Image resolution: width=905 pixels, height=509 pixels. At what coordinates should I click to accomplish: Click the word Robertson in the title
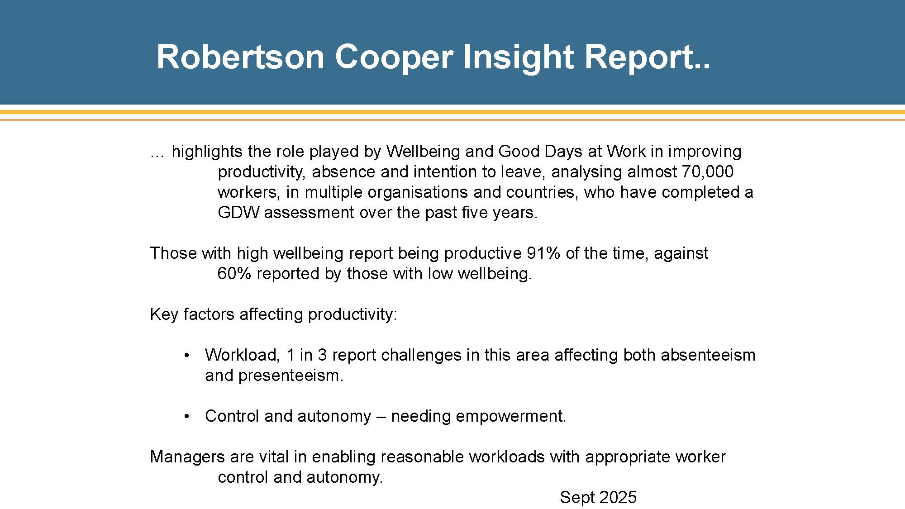(x=241, y=57)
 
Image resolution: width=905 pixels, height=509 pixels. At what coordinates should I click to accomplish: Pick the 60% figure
(x=234, y=273)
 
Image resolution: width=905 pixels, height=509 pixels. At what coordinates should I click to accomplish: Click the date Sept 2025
(x=598, y=497)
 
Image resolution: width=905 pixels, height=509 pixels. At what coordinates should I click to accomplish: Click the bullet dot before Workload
(x=186, y=355)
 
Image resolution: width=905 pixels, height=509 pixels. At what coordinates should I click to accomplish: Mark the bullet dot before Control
(x=186, y=416)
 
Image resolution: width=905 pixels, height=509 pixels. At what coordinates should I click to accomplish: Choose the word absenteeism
(x=708, y=355)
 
